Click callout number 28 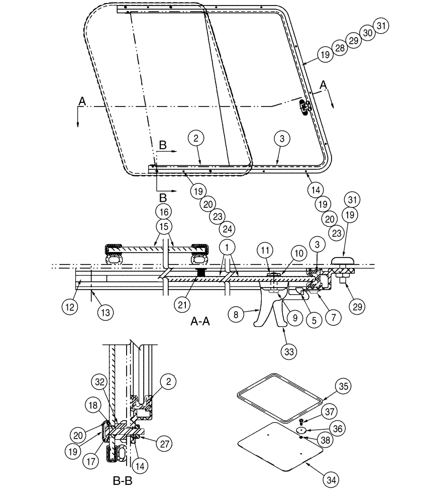[x=340, y=48]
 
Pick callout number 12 [x=70, y=306]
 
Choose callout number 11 [x=265, y=249]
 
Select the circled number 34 [x=329, y=481]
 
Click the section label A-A [x=200, y=323]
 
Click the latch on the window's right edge [x=304, y=106]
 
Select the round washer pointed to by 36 [x=301, y=430]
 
